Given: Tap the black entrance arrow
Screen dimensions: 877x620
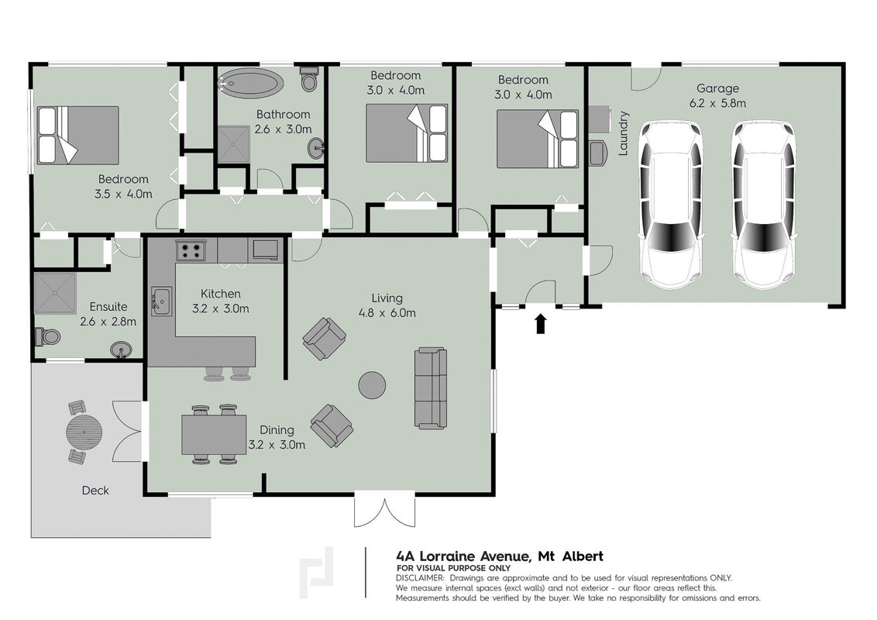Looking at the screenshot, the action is point(540,324).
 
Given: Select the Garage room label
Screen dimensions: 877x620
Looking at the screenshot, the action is point(717,88).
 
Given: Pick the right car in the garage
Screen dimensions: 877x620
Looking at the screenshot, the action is point(764,205).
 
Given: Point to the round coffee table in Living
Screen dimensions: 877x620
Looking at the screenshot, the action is point(372,385).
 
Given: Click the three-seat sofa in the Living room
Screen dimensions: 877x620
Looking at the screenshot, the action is point(431,387).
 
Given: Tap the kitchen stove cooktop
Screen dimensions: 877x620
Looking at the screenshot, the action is point(191,250).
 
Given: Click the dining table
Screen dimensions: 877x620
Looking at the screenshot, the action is point(214,435).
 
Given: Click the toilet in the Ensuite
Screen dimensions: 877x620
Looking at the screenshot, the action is point(47,337).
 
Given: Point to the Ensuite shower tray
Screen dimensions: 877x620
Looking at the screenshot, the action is point(55,293).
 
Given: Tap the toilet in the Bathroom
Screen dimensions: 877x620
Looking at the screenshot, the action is point(309,79).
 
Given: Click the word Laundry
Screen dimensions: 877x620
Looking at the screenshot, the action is point(624,133).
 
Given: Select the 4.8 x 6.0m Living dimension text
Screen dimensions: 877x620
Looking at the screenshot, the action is point(387,313).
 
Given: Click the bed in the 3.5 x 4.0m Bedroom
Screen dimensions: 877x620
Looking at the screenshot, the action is point(77,136).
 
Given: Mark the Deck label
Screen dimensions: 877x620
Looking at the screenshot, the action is point(95,491).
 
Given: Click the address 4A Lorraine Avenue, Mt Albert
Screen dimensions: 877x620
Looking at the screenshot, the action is point(500,556).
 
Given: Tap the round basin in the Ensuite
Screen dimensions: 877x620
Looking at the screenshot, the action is point(121,350).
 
